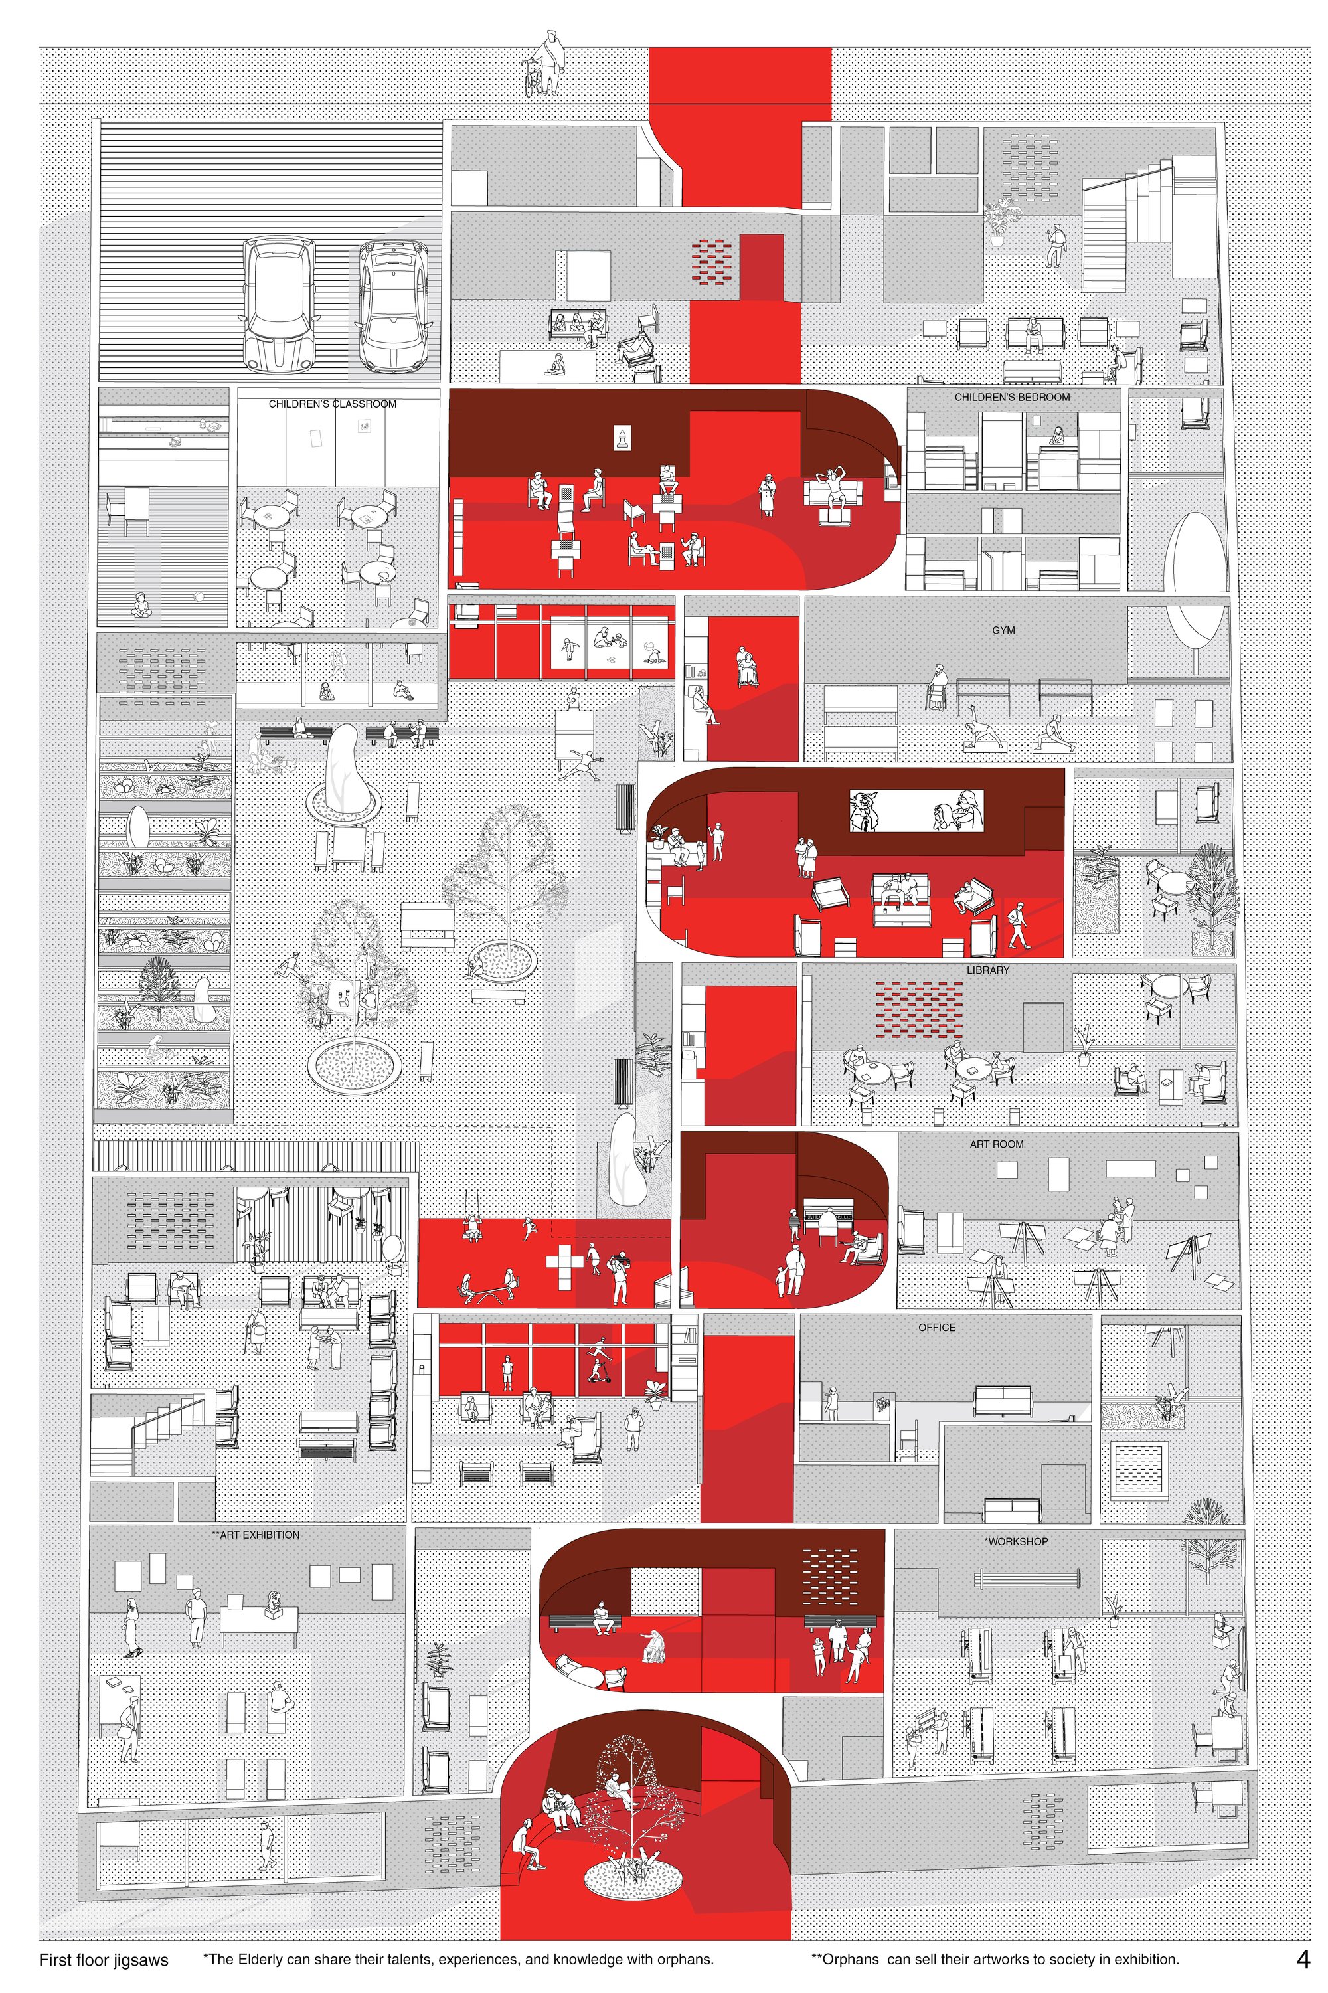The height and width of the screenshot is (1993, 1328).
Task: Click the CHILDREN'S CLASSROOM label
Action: (332, 404)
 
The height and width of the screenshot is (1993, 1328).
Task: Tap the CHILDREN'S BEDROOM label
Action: (1012, 397)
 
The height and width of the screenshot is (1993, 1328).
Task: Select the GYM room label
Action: (1003, 630)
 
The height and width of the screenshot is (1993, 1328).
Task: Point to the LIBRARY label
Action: (987, 970)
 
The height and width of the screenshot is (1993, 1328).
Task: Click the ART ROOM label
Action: (997, 1144)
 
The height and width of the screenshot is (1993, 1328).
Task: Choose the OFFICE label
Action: (937, 1328)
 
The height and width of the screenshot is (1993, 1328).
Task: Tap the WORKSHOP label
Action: (1017, 1541)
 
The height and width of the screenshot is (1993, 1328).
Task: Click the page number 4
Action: (1303, 1959)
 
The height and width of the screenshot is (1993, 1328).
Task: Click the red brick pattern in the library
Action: (919, 1009)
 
